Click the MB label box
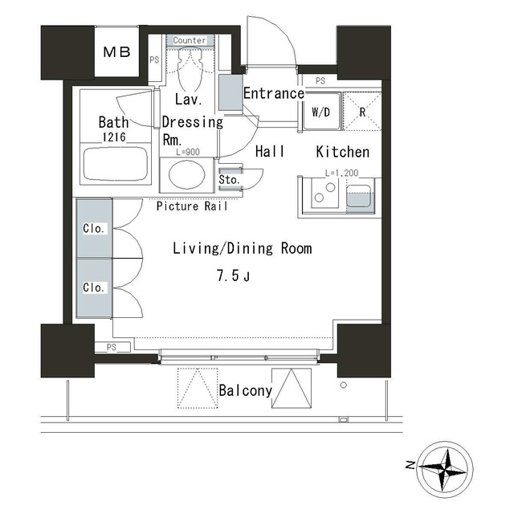pyautogui.click(x=116, y=51)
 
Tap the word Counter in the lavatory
pyautogui.click(x=190, y=40)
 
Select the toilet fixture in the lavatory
pyautogui.click(x=190, y=70)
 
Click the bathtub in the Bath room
pyautogui.click(x=116, y=164)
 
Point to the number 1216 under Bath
pyautogui.click(x=114, y=137)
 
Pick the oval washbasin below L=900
pyautogui.click(x=187, y=175)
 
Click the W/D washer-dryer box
pyautogui.click(x=321, y=112)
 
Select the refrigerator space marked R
pyautogui.click(x=362, y=112)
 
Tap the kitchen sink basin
pyautogui.click(x=359, y=196)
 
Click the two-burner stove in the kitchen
pyautogui.click(x=324, y=193)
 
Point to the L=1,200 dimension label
pyautogui.click(x=341, y=173)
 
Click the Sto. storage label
pyautogui.click(x=229, y=180)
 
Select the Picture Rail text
pyautogui.click(x=192, y=206)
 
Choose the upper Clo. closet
pyautogui.click(x=95, y=228)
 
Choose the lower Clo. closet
pyautogui.click(x=95, y=288)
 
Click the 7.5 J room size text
pyautogui.click(x=233, y=275)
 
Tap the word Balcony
pyautogui.click(x=245, y=390)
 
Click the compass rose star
pyautogui.click(x=444, y=469)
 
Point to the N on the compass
pyautogui.click(x=410, y=465)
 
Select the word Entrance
pyautogui.click(x=274, y=93)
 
